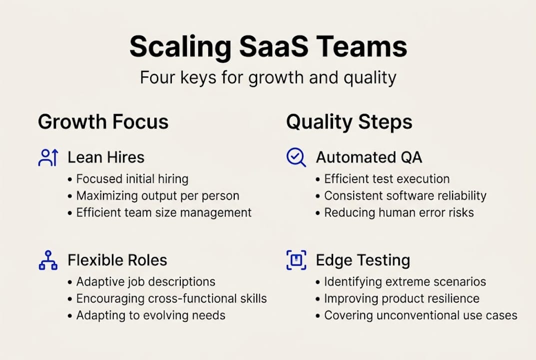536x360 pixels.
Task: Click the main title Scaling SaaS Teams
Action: (268, 47)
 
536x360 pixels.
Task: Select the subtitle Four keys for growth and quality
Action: (268, 77)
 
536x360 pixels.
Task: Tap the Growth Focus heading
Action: (103, 122)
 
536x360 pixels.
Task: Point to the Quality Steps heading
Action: (349, 122)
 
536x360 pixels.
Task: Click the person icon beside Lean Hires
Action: (48, 157)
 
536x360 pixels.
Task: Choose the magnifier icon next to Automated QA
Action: (296, 157)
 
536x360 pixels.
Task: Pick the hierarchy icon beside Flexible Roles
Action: (48, 260)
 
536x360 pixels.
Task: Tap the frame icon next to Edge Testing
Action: (296, 260)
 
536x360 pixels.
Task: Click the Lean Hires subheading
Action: (106, 157)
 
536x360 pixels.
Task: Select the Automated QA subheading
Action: (369, 157)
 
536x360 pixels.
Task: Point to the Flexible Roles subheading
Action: (117, 260)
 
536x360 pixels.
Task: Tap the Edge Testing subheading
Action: (363, 260)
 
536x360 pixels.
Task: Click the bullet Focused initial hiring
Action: (132, 179)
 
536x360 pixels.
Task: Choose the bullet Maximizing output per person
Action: (157, 195)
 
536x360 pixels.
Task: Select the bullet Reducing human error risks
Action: (399, 212)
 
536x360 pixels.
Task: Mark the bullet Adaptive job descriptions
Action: (145, 282)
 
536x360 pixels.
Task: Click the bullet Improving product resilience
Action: (402, 298)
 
